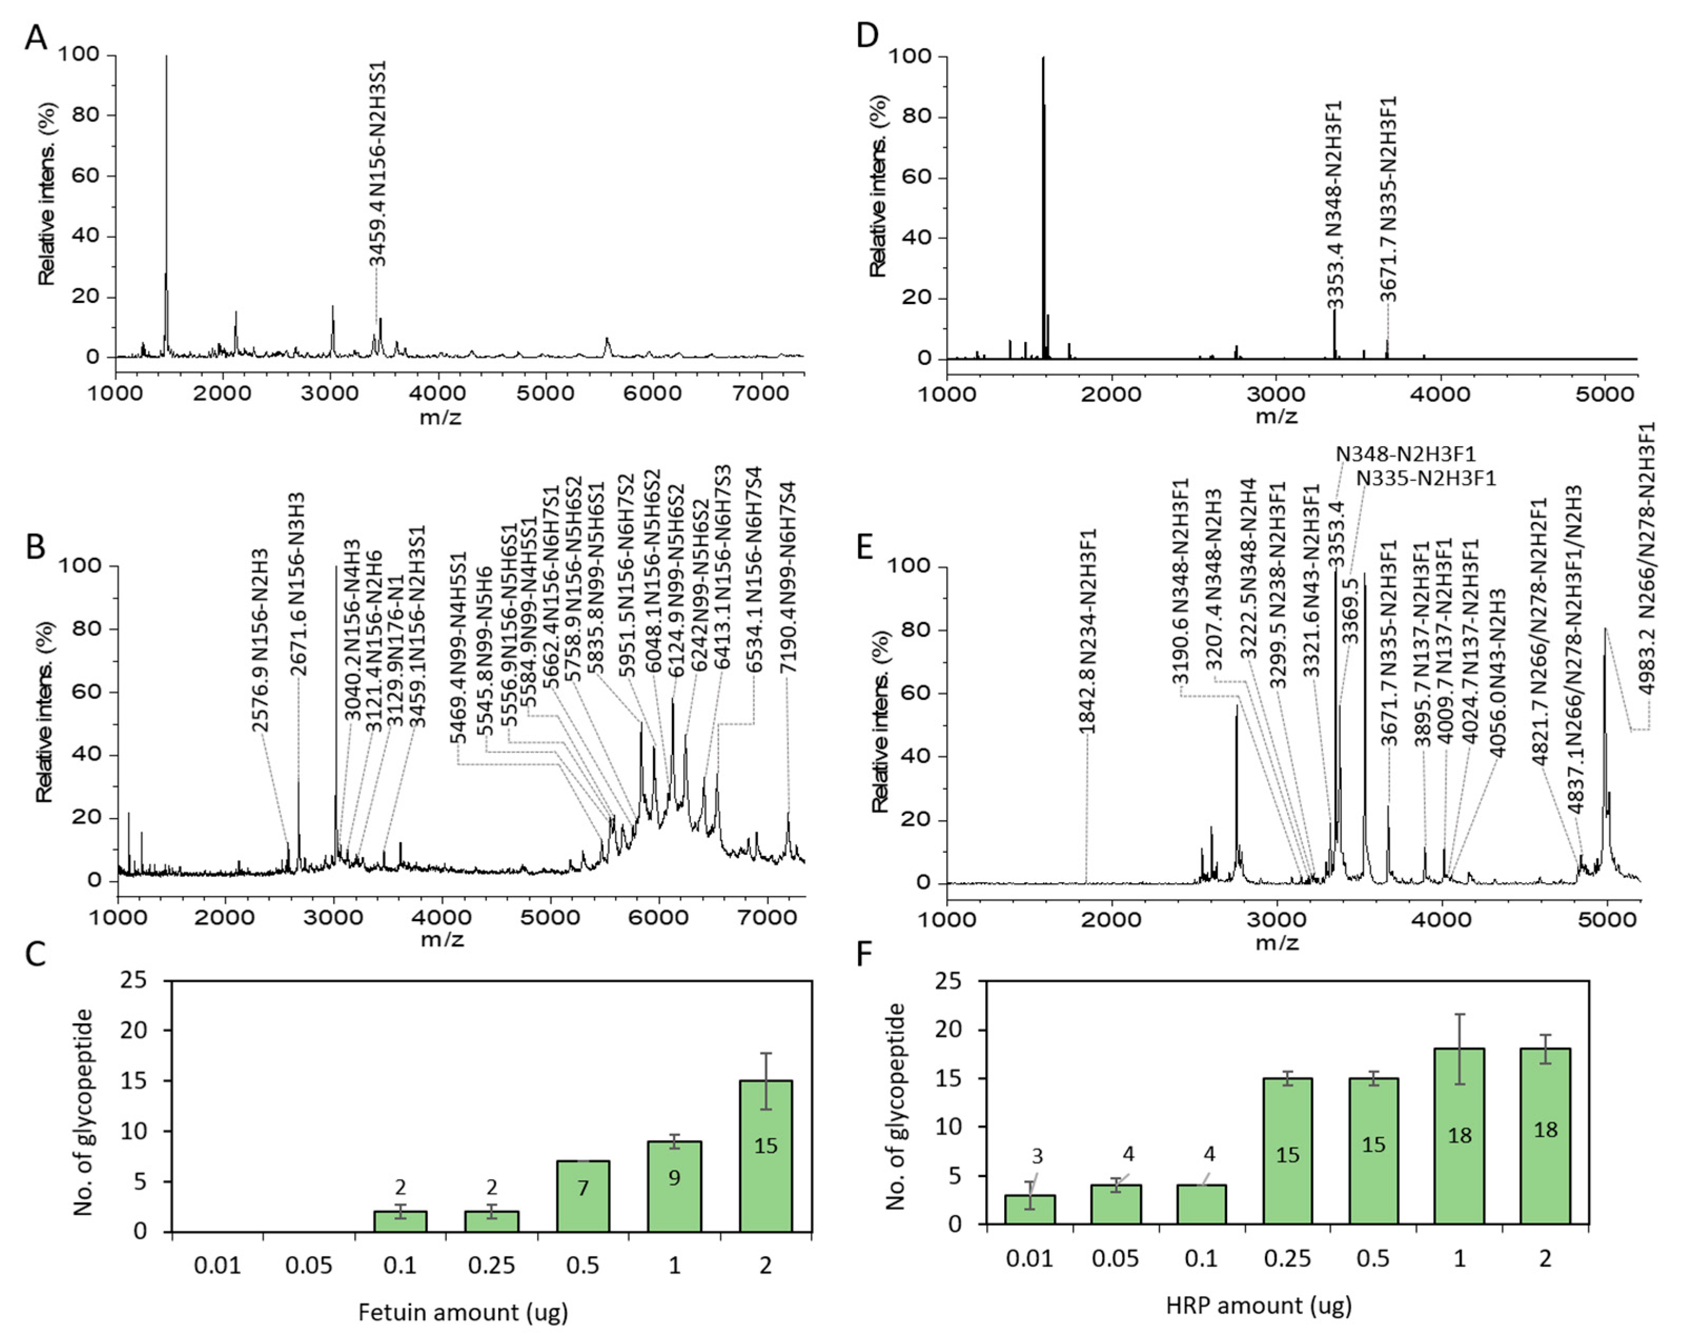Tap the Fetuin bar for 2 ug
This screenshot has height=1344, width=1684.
point(766,1156)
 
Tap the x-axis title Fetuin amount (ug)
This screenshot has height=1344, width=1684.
point(463,1312)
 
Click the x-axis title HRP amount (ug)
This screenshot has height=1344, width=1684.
point(1258,1305)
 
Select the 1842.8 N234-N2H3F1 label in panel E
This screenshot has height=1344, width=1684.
point(1087,631)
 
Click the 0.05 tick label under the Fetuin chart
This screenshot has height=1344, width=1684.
point(309,1264)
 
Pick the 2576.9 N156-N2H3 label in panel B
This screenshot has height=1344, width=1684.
point(260,641)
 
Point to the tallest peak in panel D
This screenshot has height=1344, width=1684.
point(1043,58)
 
